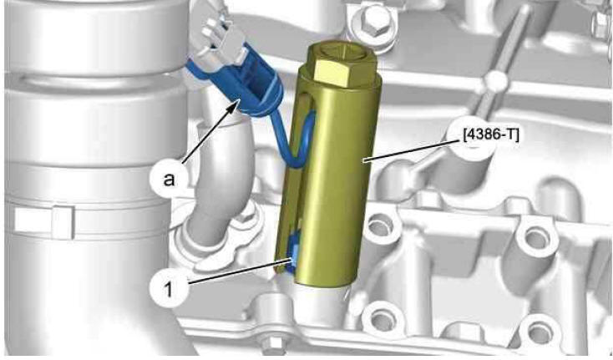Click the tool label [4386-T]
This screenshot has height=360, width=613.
[x=491, y=135]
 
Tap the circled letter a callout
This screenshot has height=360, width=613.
[x=169, y=179]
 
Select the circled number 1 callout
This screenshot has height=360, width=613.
[x=169, y=290]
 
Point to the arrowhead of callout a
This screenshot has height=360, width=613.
[x=233, y=104]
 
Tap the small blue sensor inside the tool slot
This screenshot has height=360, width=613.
[x=293, y=254]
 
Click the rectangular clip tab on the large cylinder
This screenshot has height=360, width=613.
[x=43, y=221]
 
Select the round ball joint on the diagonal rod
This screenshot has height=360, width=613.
[x=496, y=81]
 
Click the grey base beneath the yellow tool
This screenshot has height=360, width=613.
[x=319, y=307]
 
